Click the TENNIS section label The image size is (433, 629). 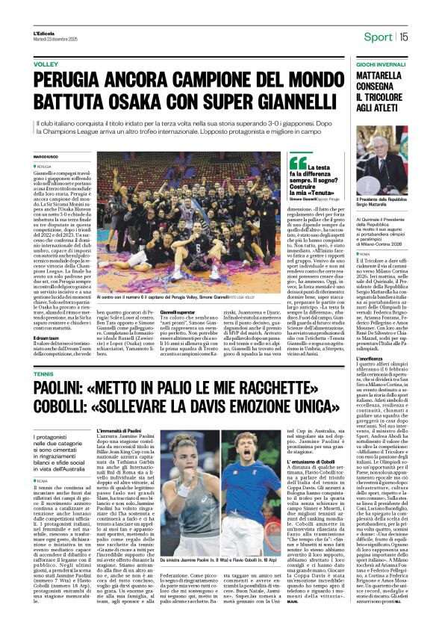(43, 373)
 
